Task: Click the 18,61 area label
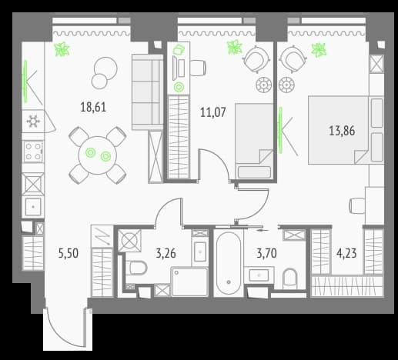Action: coord(93,107)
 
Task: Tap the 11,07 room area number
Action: coord(213,112)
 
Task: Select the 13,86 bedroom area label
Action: coord(342,131)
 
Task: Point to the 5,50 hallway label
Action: coord(69,253)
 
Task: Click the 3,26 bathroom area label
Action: coord(166,253)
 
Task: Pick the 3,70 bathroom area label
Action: coord(267,253)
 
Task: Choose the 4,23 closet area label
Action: coord(346,253)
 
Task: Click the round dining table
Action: coord(98,155)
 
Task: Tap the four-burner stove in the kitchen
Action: coord(33,152)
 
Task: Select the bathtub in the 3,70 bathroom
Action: coord(229,263)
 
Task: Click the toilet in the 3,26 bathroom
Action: coord(138,268)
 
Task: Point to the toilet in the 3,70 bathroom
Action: coord(290,278)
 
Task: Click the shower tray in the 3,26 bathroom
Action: coord(189,282)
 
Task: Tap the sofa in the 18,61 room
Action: coord(148,92)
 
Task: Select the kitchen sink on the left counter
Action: coord(33,207)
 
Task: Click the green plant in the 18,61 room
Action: coord(62,49)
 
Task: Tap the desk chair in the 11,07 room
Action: coord(198,68)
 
